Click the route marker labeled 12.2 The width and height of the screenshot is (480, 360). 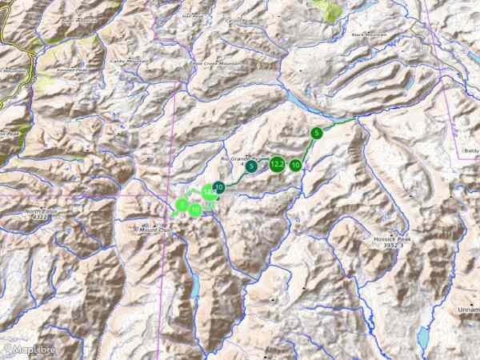pos(277,164)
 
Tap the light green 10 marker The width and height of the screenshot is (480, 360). pos(196,210)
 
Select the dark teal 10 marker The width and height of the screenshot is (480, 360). pos(218,186)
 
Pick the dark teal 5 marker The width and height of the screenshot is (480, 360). pos(251,167)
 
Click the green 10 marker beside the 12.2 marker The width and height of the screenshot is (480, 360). pos(296,165)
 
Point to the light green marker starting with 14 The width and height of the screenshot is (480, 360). pos(208,192)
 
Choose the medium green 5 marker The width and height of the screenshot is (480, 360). pos(317,132)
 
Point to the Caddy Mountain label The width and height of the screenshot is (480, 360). pos(129,59)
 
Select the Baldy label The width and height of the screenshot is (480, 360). pos(470,150)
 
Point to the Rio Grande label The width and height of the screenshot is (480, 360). pos(239,158)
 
